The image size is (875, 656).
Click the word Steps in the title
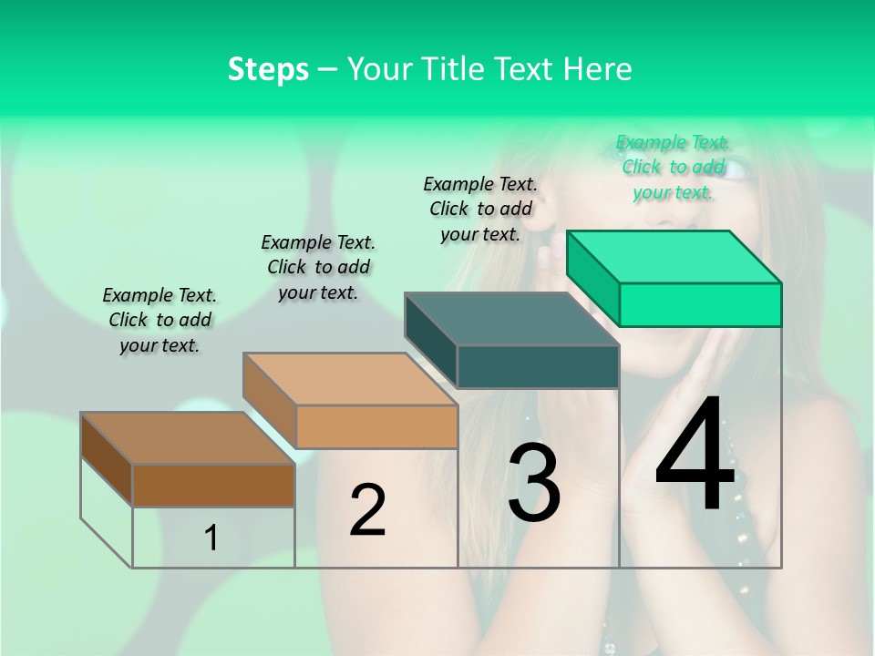(x=268, y=69)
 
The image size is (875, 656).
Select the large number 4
(x=695, y=456)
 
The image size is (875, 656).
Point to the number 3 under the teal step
(x=534, y=483)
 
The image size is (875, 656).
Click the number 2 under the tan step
(x=367, y=510)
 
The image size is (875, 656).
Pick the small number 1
(x=211, y=538)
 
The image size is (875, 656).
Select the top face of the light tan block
(x=350, y=379)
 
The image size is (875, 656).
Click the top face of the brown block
(x=188, y=438)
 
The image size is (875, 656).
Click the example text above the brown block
(x=160, y=320)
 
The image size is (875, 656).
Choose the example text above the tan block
(x=318, y=267)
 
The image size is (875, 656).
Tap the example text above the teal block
(x=480, y=209)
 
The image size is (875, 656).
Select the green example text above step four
(x=673, y=167)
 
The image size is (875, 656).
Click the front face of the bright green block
(x=700, y=304)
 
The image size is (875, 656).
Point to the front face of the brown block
(x=213, y=485)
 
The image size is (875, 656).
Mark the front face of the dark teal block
(x=538, y=366)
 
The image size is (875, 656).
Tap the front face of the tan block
(x=376, y=426)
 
